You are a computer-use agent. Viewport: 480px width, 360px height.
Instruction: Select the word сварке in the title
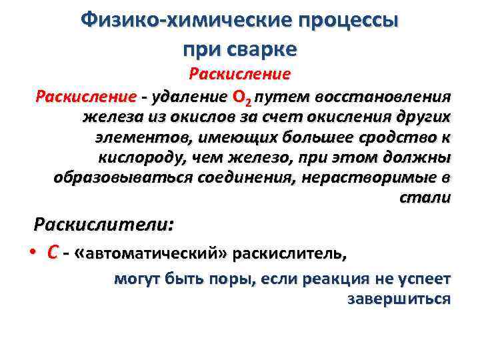(263, 49)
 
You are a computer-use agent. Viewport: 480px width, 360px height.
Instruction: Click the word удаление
(189, 98)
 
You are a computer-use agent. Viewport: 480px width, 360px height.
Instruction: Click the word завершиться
(399, 299)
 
